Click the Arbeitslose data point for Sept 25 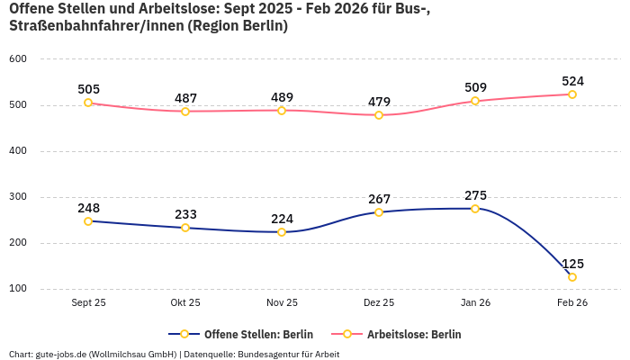click(x=88, y=103)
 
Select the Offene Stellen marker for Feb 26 click(x=571, y=277)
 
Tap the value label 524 click(x=573, y=81)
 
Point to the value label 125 click(x=573, y=264)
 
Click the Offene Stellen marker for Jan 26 click(x=475, y=209)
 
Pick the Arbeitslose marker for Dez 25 click(x=379, y=115)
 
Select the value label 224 click(x=282, y=219)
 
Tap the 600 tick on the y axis click(x=18, y=59)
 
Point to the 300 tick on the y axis click(x=18, y=197)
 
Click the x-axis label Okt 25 click(x=185, y=303)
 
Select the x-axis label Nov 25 click(x=282, y=303)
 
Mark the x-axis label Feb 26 click(x=571, y=303)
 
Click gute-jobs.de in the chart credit click(x=60, y=355)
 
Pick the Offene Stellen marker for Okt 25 click(x=185, y=228)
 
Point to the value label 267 click(x=379, y=199)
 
